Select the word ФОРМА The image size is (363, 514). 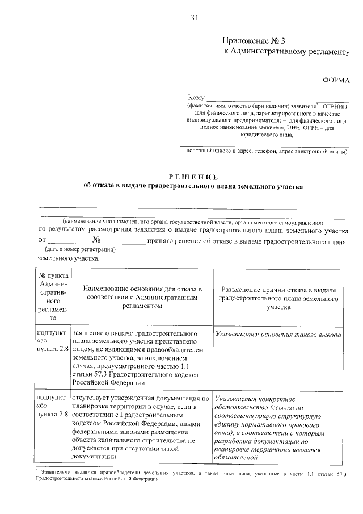336,81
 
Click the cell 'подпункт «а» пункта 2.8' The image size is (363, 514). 53,340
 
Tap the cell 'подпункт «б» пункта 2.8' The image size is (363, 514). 53,404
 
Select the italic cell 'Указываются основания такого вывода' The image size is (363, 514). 278,335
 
